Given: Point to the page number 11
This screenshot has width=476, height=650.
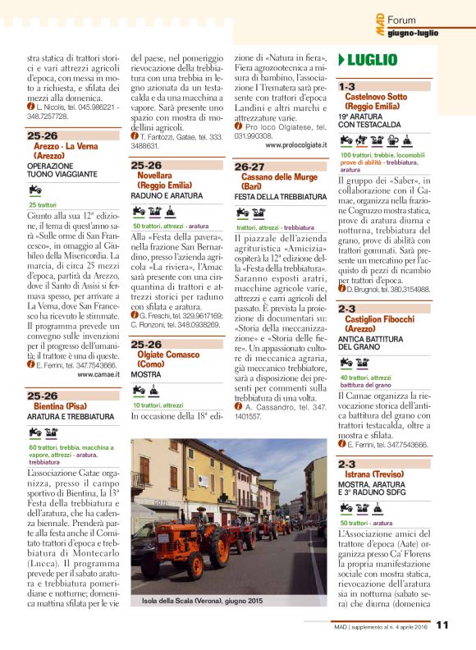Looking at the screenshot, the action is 442,625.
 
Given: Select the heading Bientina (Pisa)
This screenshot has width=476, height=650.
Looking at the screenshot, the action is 62,406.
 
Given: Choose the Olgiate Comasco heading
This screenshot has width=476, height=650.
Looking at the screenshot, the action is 165,355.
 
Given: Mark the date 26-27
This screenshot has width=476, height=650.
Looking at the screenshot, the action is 249,167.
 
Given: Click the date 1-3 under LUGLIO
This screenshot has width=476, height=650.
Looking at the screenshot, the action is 347,85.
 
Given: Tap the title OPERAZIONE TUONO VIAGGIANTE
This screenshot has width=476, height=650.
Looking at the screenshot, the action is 62,170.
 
